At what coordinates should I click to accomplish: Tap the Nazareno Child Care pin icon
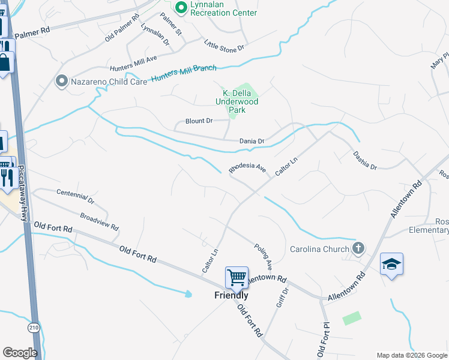(61, 81)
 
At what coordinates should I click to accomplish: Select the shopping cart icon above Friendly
(237, 277)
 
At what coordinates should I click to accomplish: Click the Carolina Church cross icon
(358, 248)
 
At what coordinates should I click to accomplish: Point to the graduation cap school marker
(391, 264)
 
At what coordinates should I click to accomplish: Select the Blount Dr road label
(199, 121)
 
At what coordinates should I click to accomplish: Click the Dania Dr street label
(252, 141)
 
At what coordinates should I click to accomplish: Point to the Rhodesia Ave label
(247, 167)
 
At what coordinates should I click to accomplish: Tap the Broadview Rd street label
(100, 221)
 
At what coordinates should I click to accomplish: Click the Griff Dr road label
(282, 298)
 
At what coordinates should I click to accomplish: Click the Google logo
(20, 352)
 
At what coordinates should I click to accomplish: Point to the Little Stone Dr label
(225, 44)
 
